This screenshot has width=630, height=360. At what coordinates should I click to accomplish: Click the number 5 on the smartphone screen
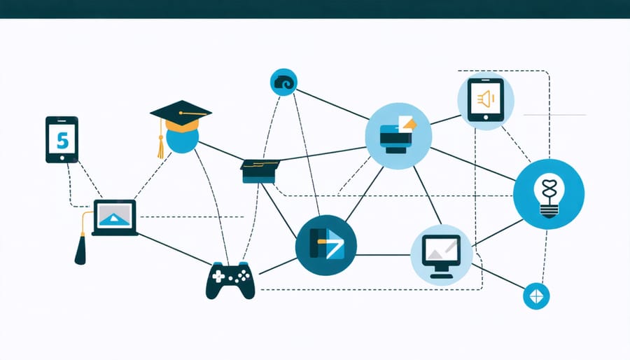point(62,140)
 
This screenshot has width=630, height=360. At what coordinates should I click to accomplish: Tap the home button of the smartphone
point(62,158)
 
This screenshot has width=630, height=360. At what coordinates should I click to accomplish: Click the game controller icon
point(230,279)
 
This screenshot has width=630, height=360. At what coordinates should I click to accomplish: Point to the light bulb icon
point(548,194)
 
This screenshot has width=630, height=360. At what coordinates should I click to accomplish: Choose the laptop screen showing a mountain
point(114,216)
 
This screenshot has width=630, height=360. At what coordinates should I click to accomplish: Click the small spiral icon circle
point(283,83)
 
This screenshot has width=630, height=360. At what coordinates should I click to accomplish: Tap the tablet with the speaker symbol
point(486,100)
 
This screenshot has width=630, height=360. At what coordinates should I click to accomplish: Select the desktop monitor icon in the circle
point(441,253)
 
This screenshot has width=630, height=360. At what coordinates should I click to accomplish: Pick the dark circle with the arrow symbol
point(326,244)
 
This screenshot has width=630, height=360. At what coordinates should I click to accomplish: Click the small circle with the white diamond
point(537,296)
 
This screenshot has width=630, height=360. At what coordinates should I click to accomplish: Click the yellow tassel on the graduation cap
point(160,144)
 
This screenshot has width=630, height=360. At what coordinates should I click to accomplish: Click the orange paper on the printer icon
point(408,123)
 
